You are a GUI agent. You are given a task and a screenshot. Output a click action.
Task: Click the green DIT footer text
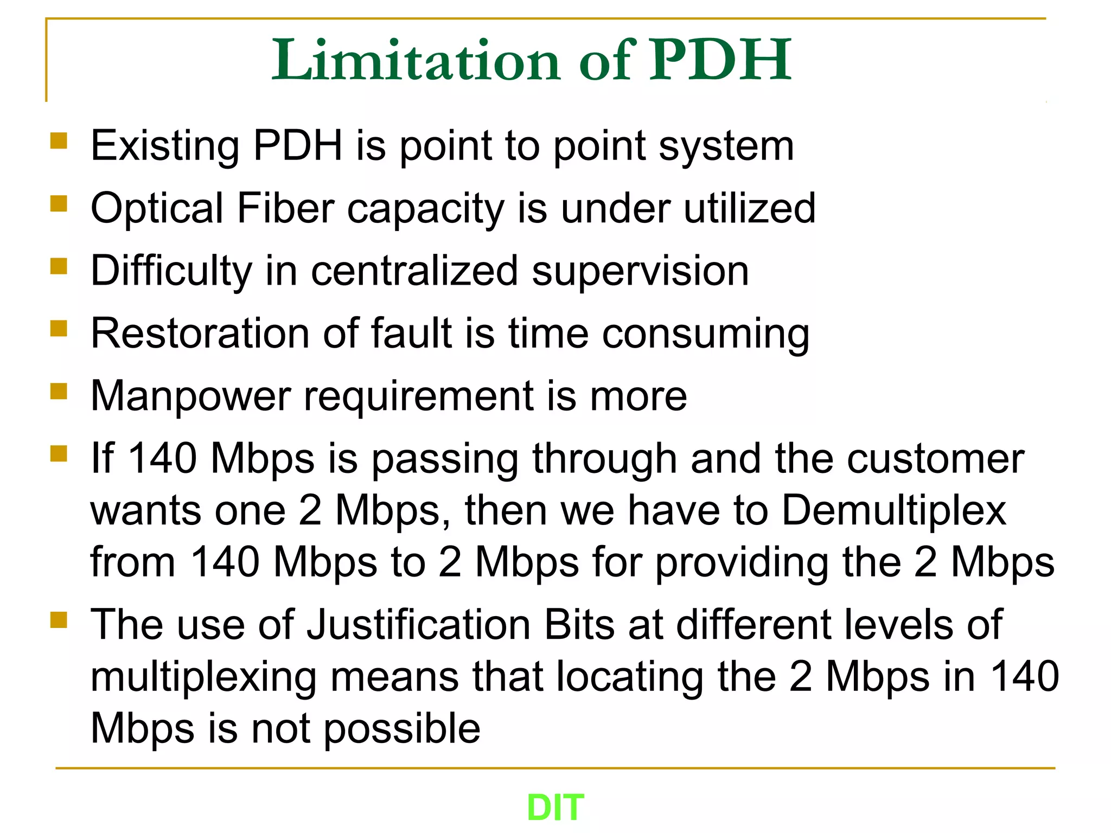[555, 808]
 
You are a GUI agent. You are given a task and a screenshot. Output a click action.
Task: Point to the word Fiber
[286, 208]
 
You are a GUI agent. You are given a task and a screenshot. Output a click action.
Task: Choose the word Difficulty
[171, 271]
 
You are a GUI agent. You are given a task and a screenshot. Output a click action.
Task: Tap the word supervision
[640, 271]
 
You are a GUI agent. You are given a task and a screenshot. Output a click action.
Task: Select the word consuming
[705, 334]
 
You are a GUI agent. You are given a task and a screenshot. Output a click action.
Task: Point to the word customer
[936, 459]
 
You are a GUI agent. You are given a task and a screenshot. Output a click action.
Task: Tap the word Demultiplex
[894, 511]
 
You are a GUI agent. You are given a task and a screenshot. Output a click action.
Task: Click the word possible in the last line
[402, 729]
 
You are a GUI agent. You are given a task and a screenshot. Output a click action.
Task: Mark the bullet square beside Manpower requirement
[59, 391]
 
